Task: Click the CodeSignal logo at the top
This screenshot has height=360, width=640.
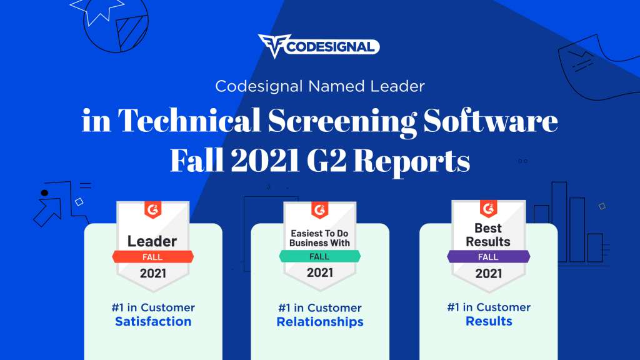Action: pyautogui.click(x=319, y=46)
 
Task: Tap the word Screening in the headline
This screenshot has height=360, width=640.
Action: pyautogui.click(x=342, y=121)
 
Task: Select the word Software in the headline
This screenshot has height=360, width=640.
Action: pyautogui.click(x=490, y=120)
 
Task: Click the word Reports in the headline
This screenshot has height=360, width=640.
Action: pyautogui.click(x=411, y=162)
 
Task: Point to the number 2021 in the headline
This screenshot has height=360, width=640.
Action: pyautogui.click(x=265, y=161)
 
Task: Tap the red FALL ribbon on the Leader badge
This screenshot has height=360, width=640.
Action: pyautogui.click(x=152, y=257)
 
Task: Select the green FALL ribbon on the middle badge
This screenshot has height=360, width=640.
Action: pyautogui.click(x=319, y=256)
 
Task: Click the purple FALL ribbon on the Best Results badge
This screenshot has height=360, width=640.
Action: pyautogui.click(x=489, y=257)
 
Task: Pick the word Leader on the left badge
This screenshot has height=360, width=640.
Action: pyautogui.click(x=152, y=241)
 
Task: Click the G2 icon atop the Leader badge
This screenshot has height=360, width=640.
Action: pyautogui.click(x=152, y=210)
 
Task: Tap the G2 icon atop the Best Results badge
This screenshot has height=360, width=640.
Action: pyautogui.click(x=488, y=209)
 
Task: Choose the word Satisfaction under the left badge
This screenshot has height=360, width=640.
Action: pyautogui.click(x=153, y=322)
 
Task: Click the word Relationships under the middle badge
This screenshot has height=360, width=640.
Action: pyautogui.click(x=320, y=322)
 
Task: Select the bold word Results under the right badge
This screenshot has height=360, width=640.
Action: pyautogui.click(x=489, y=321)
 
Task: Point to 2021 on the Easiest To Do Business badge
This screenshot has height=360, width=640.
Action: pyautogui.click(x=320, y=272)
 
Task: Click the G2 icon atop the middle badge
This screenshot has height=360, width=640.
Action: pyautogui.click(x=319, y=210)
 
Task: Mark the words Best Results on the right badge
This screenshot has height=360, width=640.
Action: pyautogui.click(x=488, y=235)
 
